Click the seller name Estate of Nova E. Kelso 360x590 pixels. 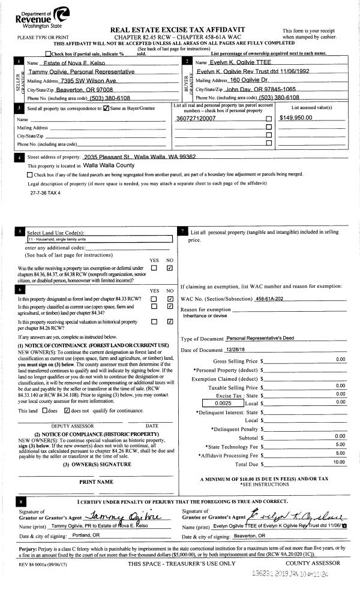64,63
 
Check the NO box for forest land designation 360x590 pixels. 170,298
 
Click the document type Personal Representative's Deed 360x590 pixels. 262,339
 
